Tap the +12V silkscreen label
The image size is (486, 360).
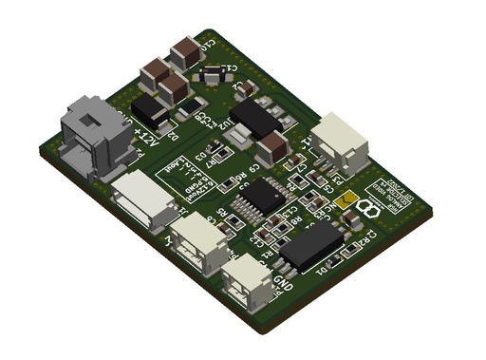[149, 125]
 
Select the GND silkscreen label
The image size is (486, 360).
[282, 282]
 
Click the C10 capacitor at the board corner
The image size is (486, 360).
[185, 48]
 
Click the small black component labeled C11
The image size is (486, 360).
[215, 71]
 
